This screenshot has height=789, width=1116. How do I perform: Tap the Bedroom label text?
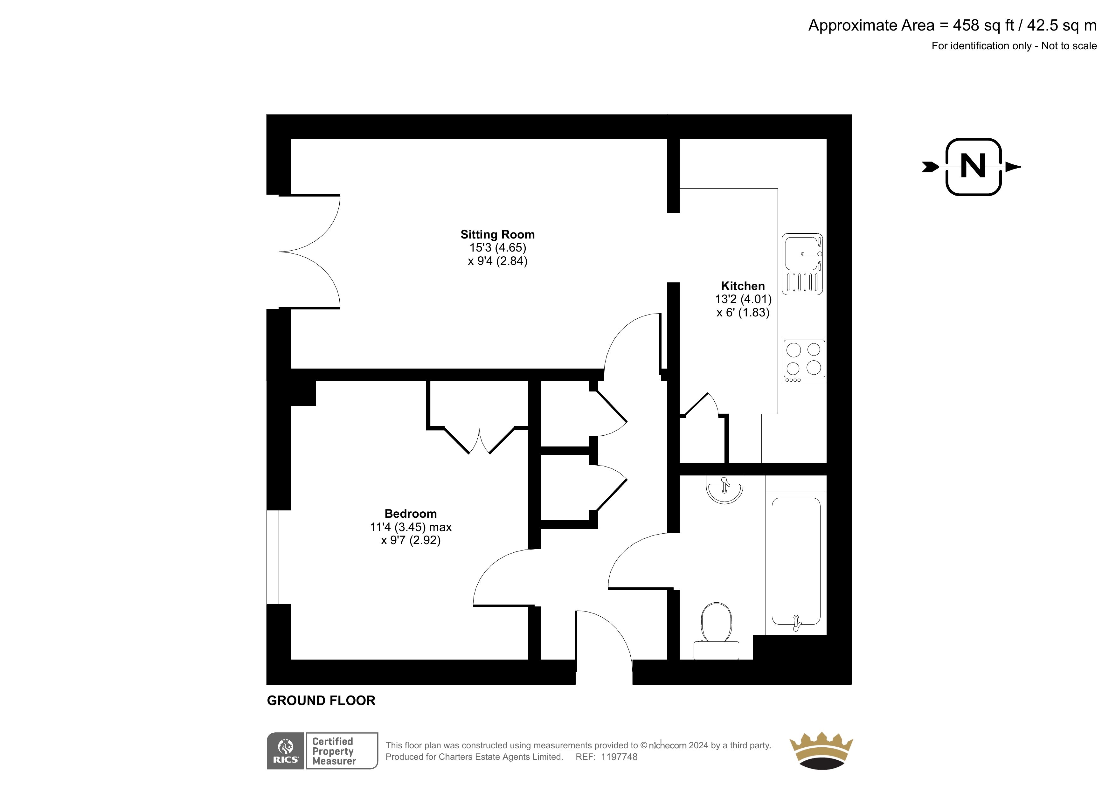(411, 514)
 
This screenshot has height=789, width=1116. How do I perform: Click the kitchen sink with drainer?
(802, 264)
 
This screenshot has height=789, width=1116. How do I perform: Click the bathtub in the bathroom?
(796, 562)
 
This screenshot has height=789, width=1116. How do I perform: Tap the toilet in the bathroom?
(717, 631)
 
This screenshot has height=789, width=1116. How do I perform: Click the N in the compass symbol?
(973, 167)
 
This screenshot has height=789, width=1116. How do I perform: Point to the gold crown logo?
(821, 751)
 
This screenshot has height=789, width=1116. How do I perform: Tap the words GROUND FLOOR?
(321, 701)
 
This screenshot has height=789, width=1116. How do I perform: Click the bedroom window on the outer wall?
(279, 557)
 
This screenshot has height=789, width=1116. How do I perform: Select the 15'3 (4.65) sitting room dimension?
(498, 248)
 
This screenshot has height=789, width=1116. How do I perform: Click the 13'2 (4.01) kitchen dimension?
(743, 300)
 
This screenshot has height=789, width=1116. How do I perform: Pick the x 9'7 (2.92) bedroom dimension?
(411, 541)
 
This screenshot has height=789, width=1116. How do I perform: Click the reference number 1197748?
(619, 757)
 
